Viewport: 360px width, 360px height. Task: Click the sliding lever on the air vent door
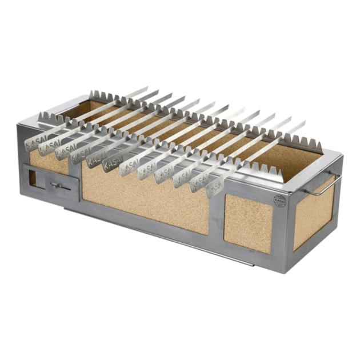pos(55,186)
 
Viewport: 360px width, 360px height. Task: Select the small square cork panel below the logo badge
pos(247,221)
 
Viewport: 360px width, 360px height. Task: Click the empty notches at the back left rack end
pos(103,95)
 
